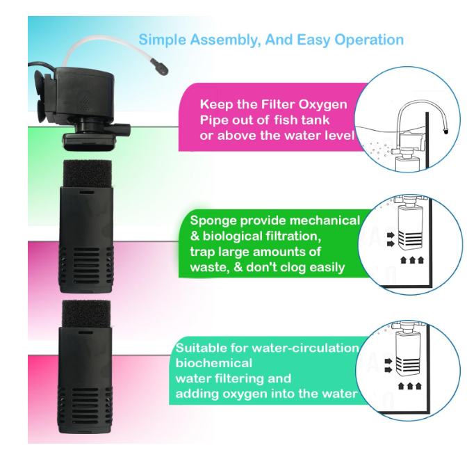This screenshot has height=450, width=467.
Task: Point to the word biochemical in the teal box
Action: coord(214,363)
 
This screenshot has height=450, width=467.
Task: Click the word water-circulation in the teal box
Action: coord(305,348)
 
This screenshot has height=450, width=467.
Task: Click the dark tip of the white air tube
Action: coord(159,67)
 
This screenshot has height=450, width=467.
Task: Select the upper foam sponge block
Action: coord(88,173)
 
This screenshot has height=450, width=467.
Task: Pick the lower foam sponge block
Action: coord(86,314)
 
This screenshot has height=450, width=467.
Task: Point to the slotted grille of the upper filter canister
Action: coord(86,265)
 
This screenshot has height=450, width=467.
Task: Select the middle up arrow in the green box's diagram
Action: coord(412,260)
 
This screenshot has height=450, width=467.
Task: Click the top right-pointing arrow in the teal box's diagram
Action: coord(388,362)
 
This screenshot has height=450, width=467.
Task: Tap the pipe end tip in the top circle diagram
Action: coord(445,131)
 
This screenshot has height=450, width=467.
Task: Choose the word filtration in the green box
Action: coord(293,236)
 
